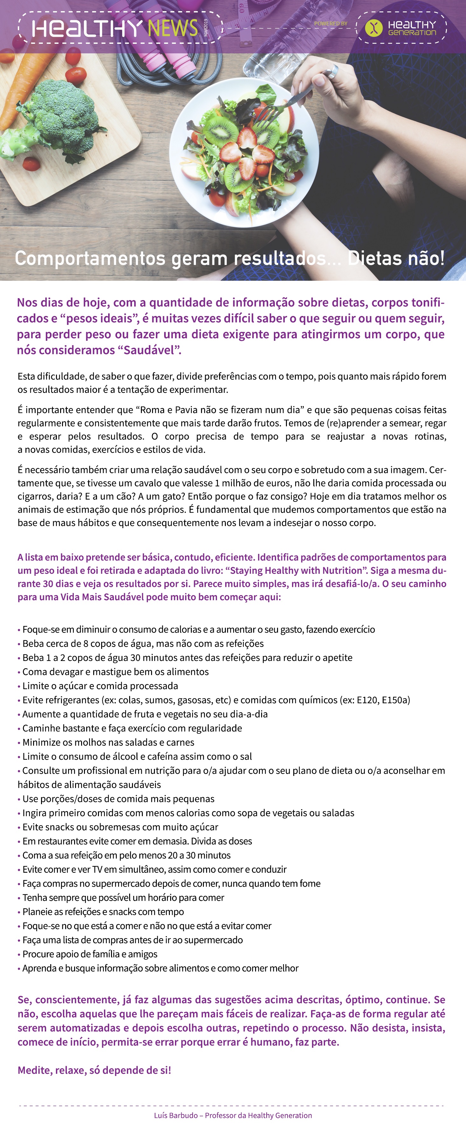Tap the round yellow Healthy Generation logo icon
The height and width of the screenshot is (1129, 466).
(374, 28)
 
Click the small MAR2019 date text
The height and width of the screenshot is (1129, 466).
(206, 28)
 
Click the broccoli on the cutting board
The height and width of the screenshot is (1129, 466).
(66, 118)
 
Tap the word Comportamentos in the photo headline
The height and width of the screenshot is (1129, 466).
(90, 258)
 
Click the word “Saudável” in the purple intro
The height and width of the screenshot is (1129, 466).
(149, 350)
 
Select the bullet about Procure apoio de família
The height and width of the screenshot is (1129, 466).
(89, 954)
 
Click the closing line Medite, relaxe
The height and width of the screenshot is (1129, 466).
(94, 1070)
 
